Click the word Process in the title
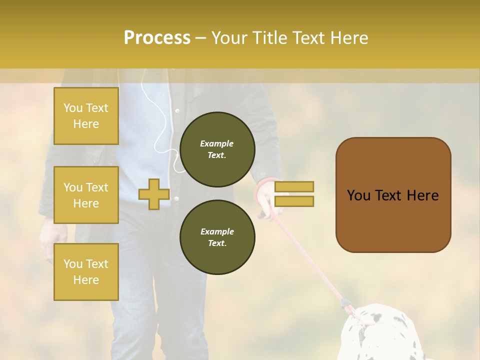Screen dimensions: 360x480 coord(157,37)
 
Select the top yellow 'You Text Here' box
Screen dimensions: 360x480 coord(86,116)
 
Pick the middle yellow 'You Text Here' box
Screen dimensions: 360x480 coord(86,195)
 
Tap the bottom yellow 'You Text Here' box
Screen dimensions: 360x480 coord(86,271)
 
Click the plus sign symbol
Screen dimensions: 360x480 coord(153,194)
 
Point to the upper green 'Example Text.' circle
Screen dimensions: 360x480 coord(217,149)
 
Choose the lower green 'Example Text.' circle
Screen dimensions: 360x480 coord(217,237)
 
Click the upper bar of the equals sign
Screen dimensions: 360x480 coord(294,186)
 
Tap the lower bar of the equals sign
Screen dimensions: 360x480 coord(294,201)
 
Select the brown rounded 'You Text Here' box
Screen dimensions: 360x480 coord(393,195)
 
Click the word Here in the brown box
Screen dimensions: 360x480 coord(422,195)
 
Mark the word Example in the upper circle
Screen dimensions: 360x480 coord(216,143)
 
